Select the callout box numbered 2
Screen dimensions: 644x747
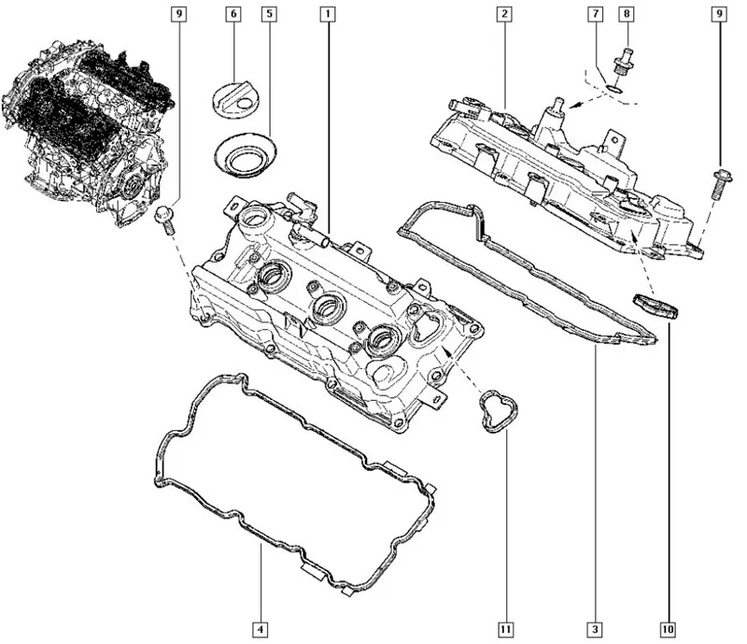tap(503, 15)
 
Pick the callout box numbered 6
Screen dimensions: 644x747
tap(233, 15)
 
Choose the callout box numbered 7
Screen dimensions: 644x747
tap(593, 15)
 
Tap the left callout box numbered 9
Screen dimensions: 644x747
tap(178, 15)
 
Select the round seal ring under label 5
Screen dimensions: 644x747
tap(243, 154)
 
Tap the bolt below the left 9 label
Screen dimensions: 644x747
tap(166, 217)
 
